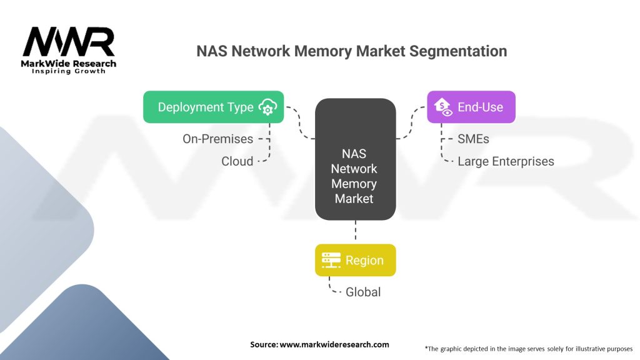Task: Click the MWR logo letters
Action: (x=69, y=43)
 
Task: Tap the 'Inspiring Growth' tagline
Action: (x=69, y=71)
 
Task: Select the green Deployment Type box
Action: (x=213, y=107)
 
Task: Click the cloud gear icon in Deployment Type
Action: (x=267, y=107)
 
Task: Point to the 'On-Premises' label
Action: (x=217, y=139)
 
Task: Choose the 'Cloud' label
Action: (x=237, y=161)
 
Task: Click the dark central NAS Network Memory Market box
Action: (x=355, y=159)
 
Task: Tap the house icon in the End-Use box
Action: (x=442, y=107)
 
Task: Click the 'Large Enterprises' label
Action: (x=505, y=161)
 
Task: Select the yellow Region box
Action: (x=355, y=260)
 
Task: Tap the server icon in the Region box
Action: (x=331, y=260)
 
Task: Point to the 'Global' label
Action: (x=363, y=292)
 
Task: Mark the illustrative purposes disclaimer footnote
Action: (x=528, y=348)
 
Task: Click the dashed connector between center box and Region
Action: (x=355, y=232)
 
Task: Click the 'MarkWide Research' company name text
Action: (x=69, y=63)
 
